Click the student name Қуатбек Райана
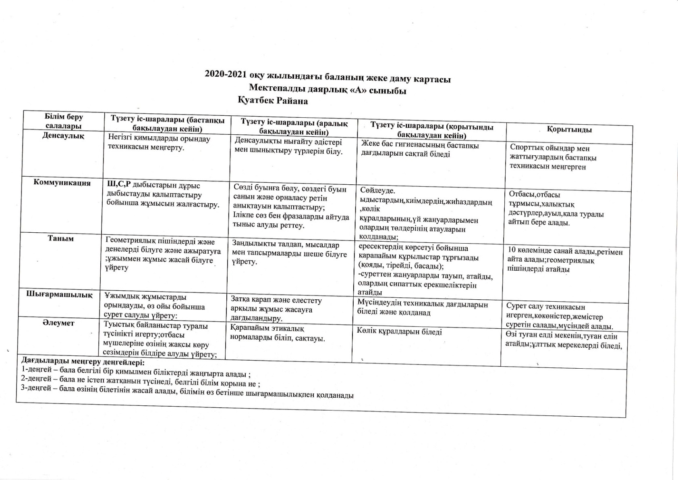pyautogui.click(x=273, y=101)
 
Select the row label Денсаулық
pyautogui.click(x=63, y=136)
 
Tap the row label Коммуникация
pyautogui.click(x=62, y=183)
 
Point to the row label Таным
pyautogui.click(x=61, y=238)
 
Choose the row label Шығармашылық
pyautogui.click(x=59, y=295)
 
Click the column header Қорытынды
pyautogui.click(x=569, y=129)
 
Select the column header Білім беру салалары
pyautogui.click(x=64, y=121)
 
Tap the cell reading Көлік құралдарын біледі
pyautogui.click(x=399, y=332)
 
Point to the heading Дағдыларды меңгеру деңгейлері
pyautogui.click(x=83, y=361)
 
